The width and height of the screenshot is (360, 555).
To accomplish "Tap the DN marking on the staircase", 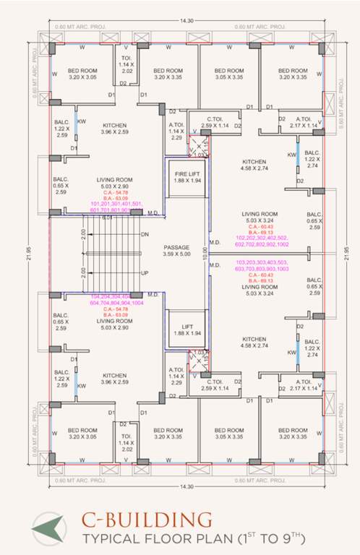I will point(145,234).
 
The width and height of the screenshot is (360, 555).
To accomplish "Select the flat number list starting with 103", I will point(261,264).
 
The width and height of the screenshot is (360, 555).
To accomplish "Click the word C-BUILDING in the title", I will point(147,520).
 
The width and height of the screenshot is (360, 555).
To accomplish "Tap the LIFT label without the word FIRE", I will point(181,326).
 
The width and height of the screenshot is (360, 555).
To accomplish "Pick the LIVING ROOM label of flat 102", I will point(261,214).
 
